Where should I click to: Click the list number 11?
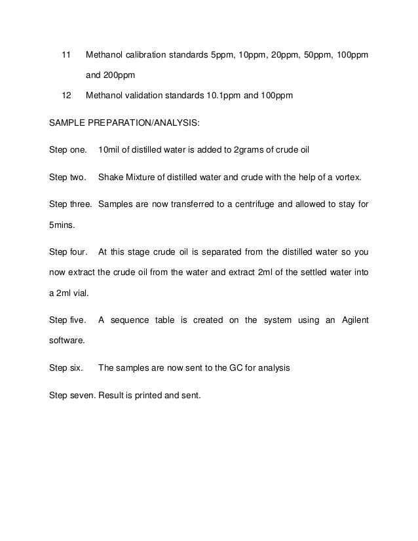65,53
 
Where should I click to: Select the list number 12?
66,96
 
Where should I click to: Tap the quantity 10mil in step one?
110,150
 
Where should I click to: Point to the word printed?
150,395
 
